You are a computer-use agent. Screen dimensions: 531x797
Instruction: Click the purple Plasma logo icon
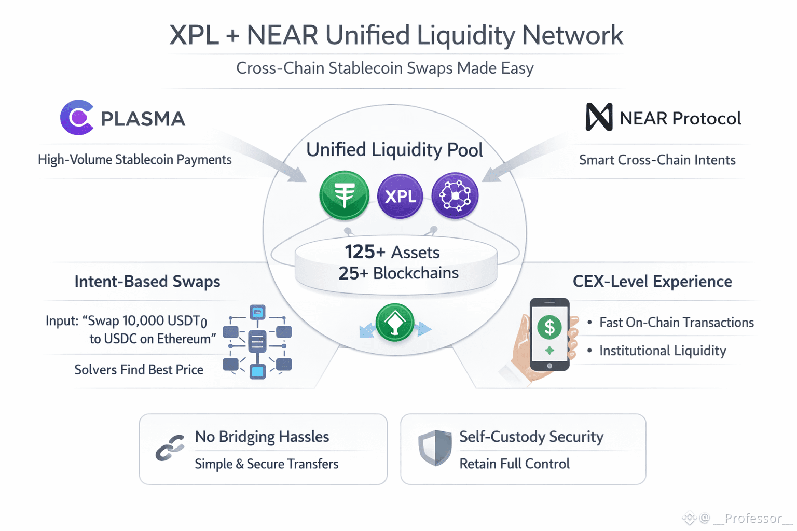[77, 118]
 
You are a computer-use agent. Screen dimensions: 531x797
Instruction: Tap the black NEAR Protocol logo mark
[599, 117]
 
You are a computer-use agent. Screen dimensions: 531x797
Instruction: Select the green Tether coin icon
[344, 195]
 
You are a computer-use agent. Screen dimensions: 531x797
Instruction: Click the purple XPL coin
[400, 196]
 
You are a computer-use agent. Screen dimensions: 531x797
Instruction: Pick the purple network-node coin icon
[455, 196]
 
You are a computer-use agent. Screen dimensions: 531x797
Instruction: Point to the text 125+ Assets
[392, 252]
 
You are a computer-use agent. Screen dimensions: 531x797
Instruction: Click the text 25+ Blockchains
[398, 273]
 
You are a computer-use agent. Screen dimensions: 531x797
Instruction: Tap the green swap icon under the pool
[395, 323]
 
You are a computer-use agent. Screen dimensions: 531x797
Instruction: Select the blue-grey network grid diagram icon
[257, 342]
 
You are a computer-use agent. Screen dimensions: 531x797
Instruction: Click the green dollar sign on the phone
[549, 327]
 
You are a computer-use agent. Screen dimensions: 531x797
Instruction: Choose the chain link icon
[170, 448]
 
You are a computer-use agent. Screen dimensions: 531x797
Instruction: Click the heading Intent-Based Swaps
[147, 282]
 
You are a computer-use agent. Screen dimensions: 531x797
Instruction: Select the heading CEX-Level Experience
[652, 282]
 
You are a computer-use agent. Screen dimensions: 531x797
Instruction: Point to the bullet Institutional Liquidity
[663, 351]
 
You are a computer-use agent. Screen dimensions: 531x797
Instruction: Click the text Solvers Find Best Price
[139, 370]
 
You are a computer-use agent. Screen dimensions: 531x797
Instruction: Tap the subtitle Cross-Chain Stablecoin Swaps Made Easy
[384, 68]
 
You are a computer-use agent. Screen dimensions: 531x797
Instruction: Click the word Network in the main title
[572, 35]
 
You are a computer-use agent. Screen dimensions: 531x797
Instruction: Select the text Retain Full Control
[514, 464]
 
